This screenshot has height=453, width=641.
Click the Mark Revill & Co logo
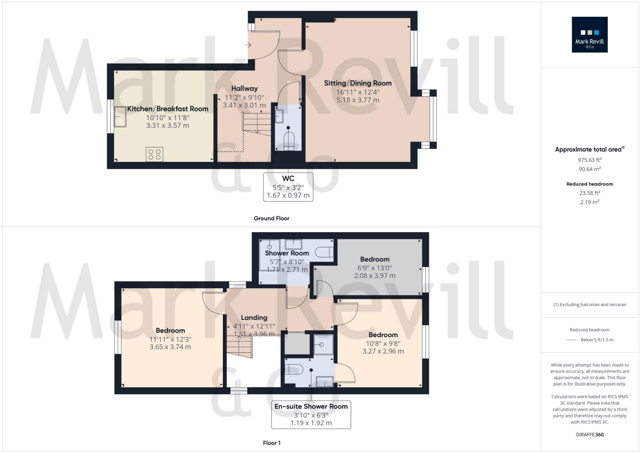tap(589, 34)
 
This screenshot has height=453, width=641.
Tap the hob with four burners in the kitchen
tap(155, 154)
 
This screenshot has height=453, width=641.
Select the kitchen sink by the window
tap(120, 116)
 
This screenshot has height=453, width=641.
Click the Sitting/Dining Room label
tap(358, 83)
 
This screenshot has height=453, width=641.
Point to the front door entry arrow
tap(248, 45)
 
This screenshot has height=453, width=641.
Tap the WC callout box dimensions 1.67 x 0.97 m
tap(288, 195)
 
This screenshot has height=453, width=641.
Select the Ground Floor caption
tap(271, 218)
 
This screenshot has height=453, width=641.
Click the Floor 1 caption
tap(271, 443)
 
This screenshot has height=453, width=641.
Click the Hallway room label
tap(244, 89)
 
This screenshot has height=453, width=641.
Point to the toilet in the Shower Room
tap(325, 252)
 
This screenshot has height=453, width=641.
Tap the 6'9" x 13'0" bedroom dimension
tap(375, 268)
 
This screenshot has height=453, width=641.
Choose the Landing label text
tap(254, 318)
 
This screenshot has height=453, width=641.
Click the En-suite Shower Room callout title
tap(311, 406)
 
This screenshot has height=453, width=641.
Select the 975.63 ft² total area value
tap(589, 160)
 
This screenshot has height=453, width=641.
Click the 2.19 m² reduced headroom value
tap(589, 202)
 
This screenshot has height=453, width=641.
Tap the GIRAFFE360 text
tap(589, 435)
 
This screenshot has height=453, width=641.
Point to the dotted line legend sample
tap(571, 340)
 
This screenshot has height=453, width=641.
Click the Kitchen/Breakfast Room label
tap(168, 109)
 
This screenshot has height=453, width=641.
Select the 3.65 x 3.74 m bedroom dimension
tap(170, 347)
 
